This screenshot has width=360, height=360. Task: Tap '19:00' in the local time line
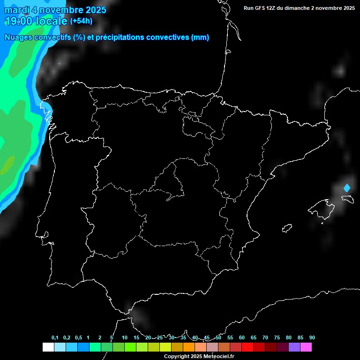[x=19, y=21]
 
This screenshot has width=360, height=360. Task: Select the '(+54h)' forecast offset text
[x=81, y=21]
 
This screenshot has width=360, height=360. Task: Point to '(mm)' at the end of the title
[x=200, y=37]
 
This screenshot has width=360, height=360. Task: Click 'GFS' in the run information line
[x=261, y=8]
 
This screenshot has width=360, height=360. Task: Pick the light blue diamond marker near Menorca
[x=347, y=188]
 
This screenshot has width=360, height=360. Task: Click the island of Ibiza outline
[x=287, y=228]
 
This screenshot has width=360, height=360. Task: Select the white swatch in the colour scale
[x=48, y=347]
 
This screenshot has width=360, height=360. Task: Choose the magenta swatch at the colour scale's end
[x=306, y=347]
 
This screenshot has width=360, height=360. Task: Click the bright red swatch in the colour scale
[x=247, y=347]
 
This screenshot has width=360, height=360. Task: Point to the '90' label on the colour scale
[x=312, y=338]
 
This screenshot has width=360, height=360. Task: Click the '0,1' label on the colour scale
[x=55, y=338]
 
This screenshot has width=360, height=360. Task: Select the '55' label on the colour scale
[x=230, y=338]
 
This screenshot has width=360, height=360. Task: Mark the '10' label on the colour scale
[x=125, y=338]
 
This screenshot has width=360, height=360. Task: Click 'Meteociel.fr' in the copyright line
[x=218, y=357]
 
